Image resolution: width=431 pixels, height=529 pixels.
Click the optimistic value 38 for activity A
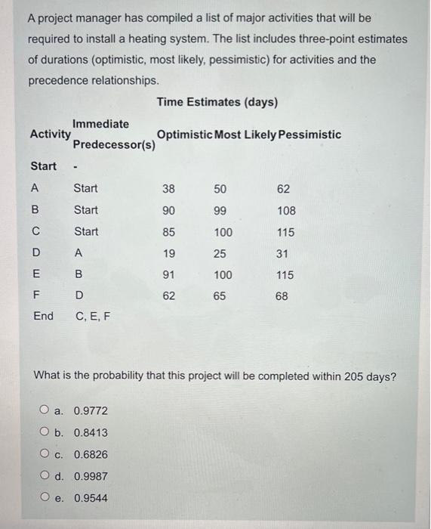tap(168, 188)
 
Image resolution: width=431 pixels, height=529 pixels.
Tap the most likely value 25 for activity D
tap(219, 254)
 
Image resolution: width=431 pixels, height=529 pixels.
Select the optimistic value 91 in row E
tap(168, 275)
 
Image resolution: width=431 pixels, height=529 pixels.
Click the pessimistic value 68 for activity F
tap(281, 297)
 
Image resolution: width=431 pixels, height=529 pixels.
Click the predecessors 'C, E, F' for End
tap(91, 316)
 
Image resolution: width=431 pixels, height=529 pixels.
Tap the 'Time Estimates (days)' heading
tap(217, 102)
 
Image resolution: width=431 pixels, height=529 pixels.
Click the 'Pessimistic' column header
tap(309, 135)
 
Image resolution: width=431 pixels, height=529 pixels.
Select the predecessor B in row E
tap(78, 275)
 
